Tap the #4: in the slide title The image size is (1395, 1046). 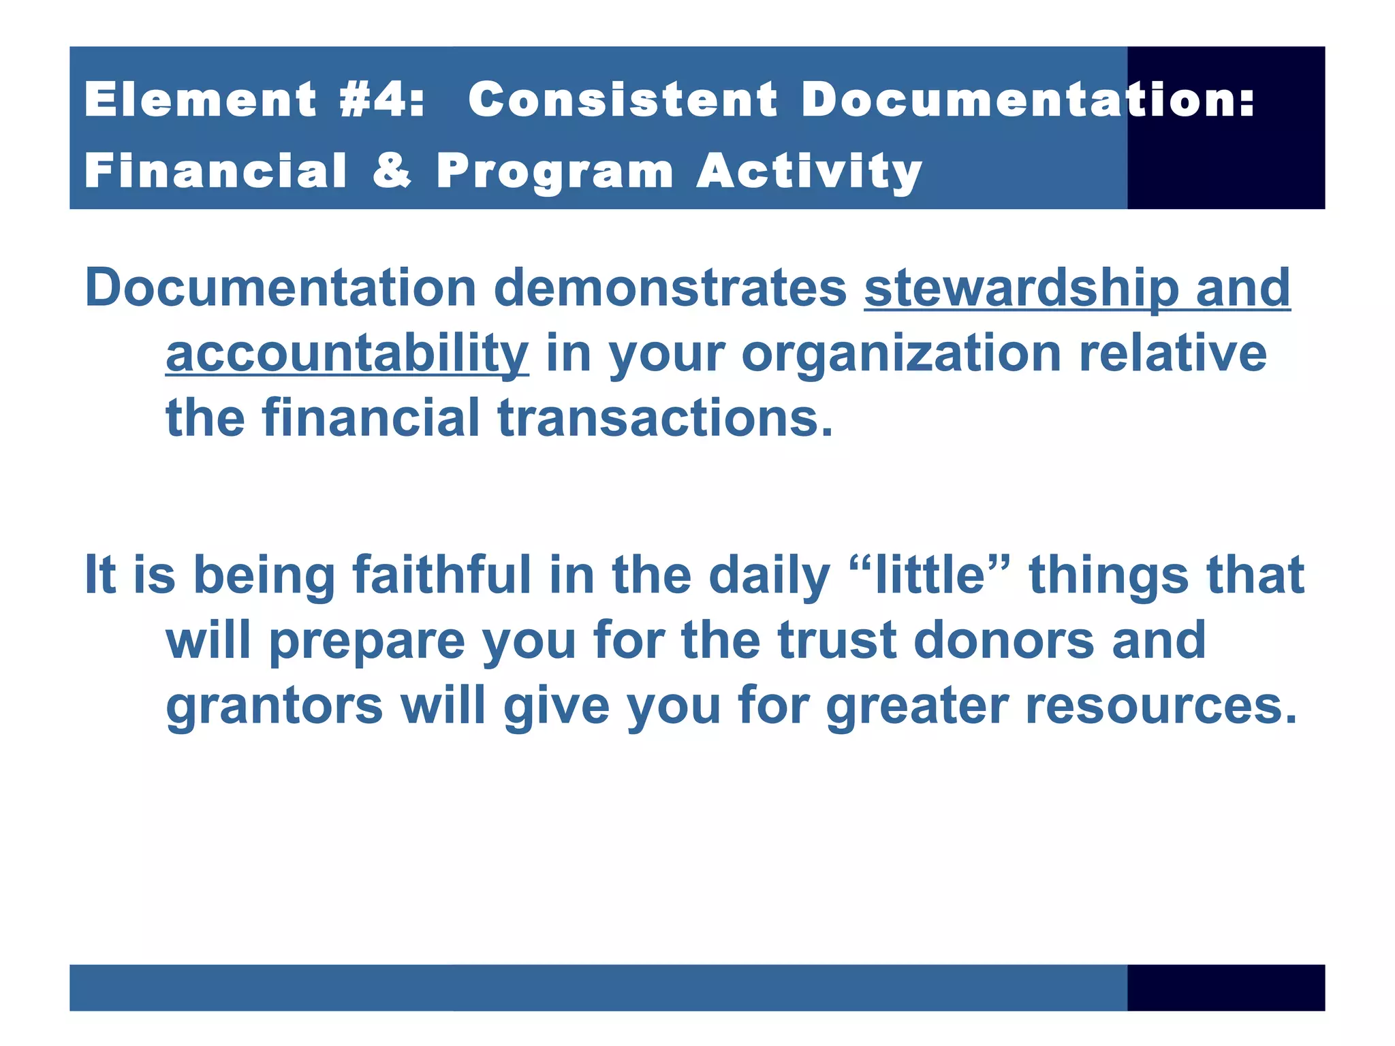click(381, 100)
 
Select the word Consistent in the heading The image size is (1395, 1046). click(623, 100)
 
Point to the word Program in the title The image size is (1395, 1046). click(554, 172)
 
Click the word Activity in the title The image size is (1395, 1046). click(809, 172)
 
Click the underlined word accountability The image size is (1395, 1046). click(347, 354)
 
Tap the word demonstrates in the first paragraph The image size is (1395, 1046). click(670, 288)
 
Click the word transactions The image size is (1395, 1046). click(665, 418)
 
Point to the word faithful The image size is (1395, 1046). click(441, 575)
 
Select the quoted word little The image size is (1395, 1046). click(930, 575)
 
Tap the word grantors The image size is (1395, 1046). click(275, 706)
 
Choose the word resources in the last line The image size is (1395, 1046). click(1161, 706)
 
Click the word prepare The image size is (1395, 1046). click(367, 642)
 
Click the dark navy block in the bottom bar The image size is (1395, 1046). click(1225, 987)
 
